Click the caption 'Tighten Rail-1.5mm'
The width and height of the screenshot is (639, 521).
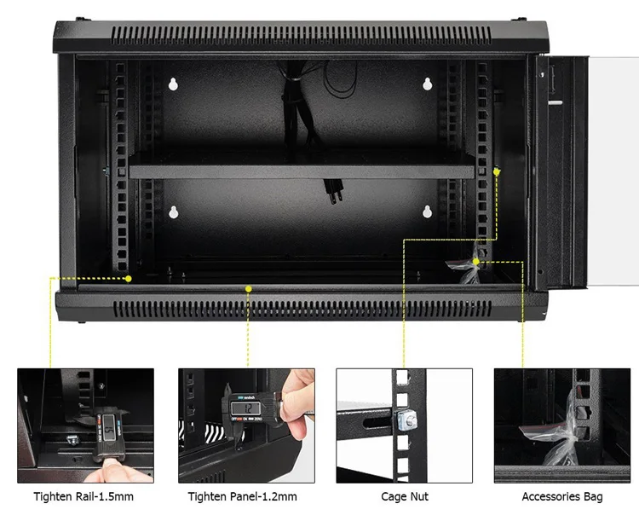pyautogui.click(x=83, y=496)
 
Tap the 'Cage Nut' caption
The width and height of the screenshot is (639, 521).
pyautogui.click(x=405, y=496)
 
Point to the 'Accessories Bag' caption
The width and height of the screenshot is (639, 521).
pyautogui.click(x=562, y=496)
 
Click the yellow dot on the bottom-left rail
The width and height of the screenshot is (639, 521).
pyautogui.click(x=128, y=278)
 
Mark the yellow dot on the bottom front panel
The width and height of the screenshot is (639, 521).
pyautogui.click(x=248, y=289)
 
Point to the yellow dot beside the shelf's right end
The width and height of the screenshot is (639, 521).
pyautogui.click(x=497, y=171)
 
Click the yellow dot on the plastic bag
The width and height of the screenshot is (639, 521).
pyautogui.click(x=475, y=261)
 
